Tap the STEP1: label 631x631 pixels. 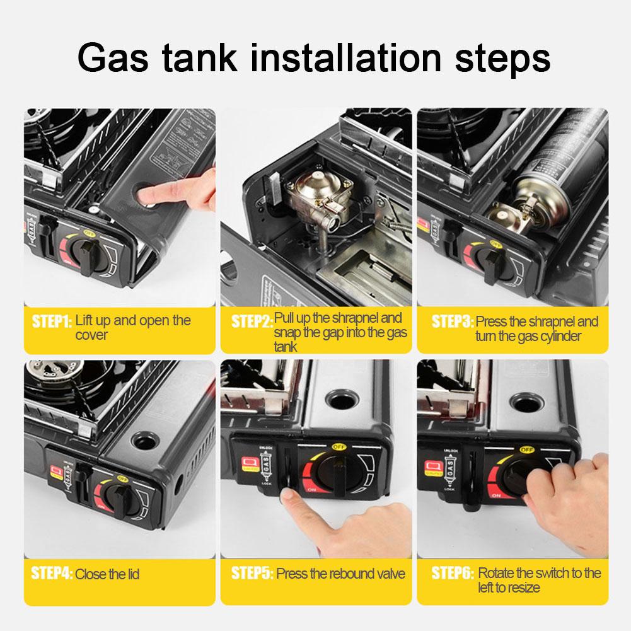(x=52, y=321)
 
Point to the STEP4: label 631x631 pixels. (x=52, y=574)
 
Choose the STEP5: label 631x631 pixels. (x=252, y=574)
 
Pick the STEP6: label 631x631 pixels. (x=452, y=574)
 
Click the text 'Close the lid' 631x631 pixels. (x=107, y=574)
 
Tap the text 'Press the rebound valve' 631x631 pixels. (x=340, y=574)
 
